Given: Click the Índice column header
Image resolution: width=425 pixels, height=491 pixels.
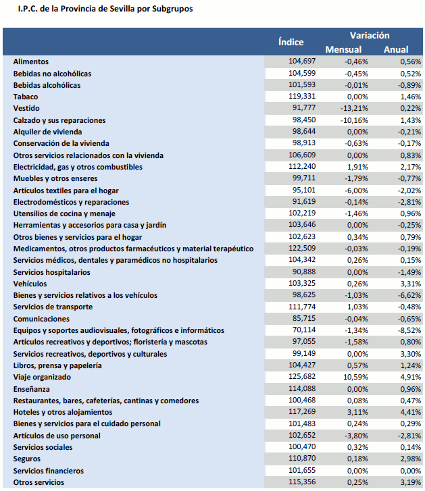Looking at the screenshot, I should click(x=291, y=42).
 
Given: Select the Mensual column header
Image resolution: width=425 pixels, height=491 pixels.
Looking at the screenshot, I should click(x=343, y=49).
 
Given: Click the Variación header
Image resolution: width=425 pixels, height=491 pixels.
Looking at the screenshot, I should click(x=370, y=35).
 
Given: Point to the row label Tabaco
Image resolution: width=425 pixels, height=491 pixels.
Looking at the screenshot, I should click(x=26, y=97).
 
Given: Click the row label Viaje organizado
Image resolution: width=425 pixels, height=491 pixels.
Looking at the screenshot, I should click(x=42, y=377).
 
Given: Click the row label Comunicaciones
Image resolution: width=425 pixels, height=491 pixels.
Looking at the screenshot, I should click(x=41, y=319).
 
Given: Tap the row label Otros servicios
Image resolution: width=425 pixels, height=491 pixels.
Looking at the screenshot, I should click(x=39, y=482).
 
